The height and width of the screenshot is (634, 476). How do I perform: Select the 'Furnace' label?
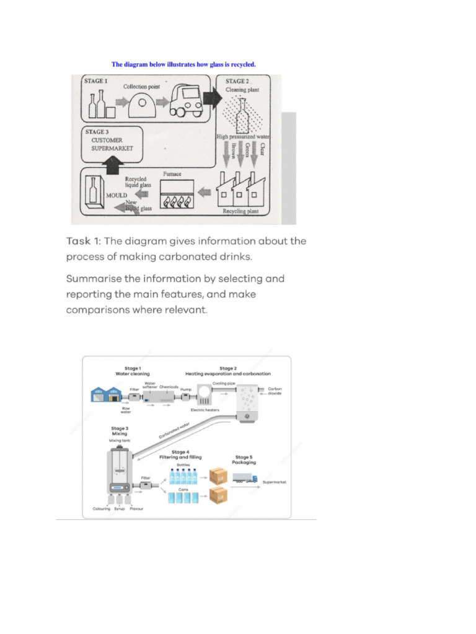[x=172, y=174]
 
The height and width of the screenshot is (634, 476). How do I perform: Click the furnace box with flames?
[x=177, y=196]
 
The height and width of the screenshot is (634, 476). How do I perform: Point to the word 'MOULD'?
[x=115, y=194]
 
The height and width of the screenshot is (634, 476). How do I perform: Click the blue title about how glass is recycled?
[x=183, y=64]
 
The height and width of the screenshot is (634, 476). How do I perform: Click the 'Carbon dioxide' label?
[x=275, y=391]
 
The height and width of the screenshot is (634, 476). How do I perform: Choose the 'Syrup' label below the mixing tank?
[x=119, y=508]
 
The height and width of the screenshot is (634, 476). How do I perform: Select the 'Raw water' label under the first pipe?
[x=126, y=410]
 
